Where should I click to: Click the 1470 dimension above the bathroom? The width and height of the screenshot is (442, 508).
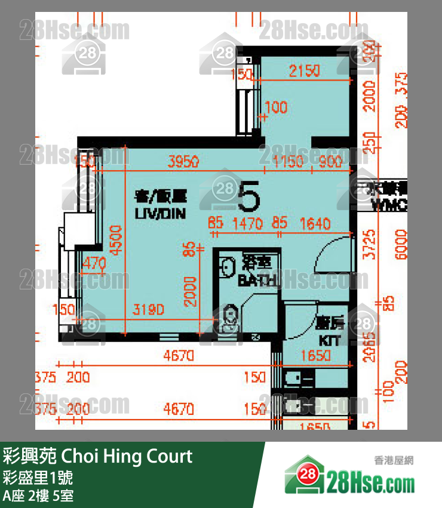(x=247, y=224)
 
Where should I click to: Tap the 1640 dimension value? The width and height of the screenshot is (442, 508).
(x=314, y=224)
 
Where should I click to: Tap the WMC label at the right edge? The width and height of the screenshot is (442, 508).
(x=389, y=206)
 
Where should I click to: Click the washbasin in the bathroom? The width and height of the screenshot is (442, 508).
(x=227, y=266)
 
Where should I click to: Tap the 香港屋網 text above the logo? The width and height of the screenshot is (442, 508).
(x=394, y=460)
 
